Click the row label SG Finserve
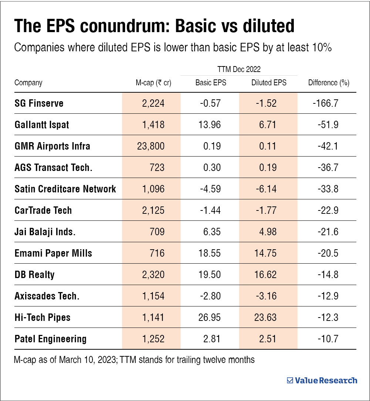tap(39, 103)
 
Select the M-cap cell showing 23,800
tap(150, 146)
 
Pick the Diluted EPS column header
tap(269, 83)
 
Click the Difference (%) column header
tap(329, 83)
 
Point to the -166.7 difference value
tap(326, 103)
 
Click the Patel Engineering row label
tap(50, 339)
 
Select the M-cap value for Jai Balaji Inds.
tap(157, 232)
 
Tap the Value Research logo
tap(322, 380)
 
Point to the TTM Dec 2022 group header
tap(239, 69)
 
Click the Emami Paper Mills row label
tap(53, 253)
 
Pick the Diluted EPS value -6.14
tap(266, 189)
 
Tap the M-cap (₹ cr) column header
tap(153, 83)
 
